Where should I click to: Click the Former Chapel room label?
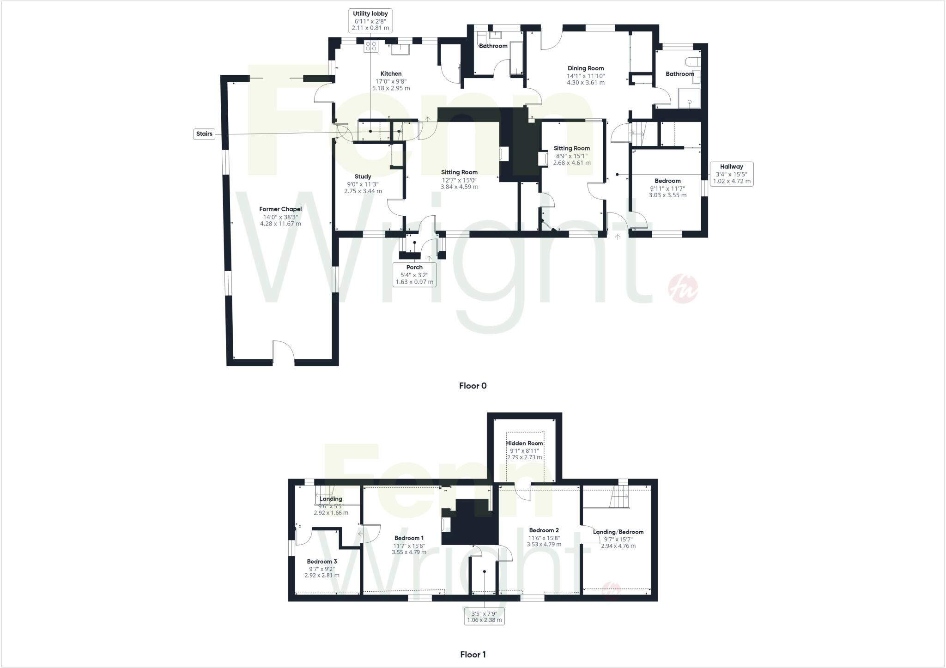(280, 209)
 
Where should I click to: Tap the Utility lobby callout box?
(370, 21)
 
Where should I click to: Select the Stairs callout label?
(204, 134)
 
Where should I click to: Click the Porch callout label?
(414, 274)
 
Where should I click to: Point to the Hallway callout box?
(731, 174)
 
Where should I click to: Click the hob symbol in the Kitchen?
(371, 46)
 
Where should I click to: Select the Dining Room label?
(586, 68)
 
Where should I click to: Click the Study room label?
(363, 176)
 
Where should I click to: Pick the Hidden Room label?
(524, 443)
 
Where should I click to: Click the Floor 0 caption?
(473, 386)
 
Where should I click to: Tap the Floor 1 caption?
(473, 654)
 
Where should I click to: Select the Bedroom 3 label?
(322, 562)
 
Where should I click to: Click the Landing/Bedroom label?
(618, 532)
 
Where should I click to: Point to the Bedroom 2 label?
(544, 530)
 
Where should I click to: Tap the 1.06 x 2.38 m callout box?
(484, 617)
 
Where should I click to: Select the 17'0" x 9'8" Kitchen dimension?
(391, 81)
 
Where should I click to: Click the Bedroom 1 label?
(409, 538)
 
